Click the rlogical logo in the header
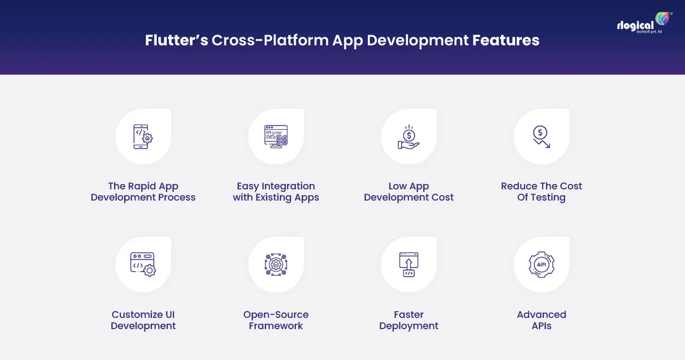tap(644, 25)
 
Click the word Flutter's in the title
tap(176, 41)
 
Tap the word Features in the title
tap(505, 41)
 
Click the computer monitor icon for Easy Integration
tap(276, 137)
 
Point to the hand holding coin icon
tap(409, 137)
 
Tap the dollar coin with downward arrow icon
tap(542, 137)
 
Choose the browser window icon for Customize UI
tap(143, 265)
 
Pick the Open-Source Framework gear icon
tap(276, 265)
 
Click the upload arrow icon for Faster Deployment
tap(409, 265)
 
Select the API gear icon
tap(542, 265)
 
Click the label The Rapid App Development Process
tap(143, 191)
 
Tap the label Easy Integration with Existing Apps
tap(276, 191)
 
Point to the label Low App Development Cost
tap(409, 191)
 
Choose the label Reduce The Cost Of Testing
tap(542, 191)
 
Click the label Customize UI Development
tap(143, 320)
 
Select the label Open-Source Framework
tap(276, 320)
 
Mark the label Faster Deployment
tap(409, 320)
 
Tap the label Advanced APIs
tap(542, 320)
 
